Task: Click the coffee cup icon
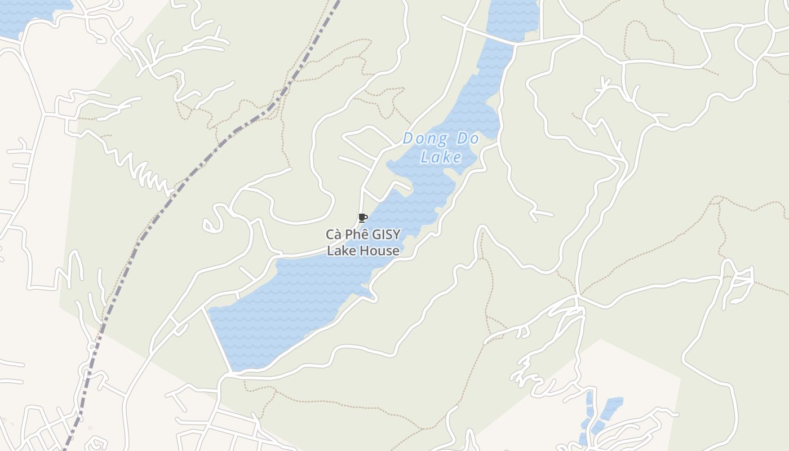362,218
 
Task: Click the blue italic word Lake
441,157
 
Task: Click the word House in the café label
380,251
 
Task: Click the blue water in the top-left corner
28,14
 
